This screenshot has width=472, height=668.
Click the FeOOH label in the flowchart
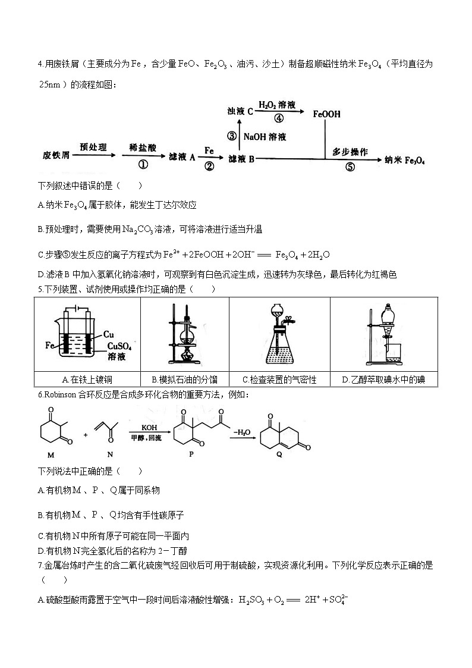326,114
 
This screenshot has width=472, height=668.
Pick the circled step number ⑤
350,167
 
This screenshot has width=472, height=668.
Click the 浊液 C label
240,111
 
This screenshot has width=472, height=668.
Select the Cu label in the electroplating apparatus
108,334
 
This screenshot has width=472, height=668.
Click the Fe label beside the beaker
50,344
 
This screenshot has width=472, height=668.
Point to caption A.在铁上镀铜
87,380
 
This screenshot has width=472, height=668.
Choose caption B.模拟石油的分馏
184,380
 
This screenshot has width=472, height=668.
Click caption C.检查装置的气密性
279,380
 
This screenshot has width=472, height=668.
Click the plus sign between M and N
86,434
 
